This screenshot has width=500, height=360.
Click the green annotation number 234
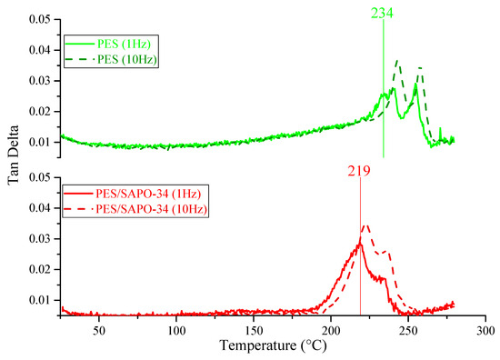(x=384, y=12)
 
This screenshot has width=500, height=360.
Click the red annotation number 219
(x=360, y=170)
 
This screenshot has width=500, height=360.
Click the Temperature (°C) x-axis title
(x=273, y=346)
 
